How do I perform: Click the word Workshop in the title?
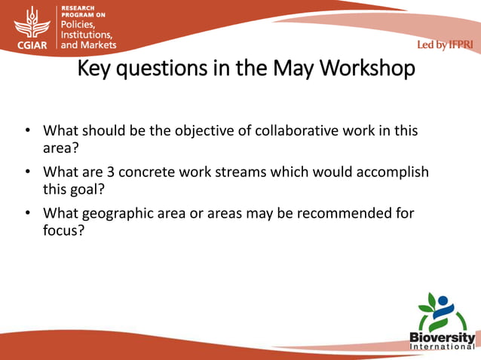pos(367,69)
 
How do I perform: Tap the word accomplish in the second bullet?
pos(388,172)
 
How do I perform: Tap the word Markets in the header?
pos(100,44)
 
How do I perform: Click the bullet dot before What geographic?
pos(26,213)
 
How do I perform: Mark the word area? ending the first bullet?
pos(61,147)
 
